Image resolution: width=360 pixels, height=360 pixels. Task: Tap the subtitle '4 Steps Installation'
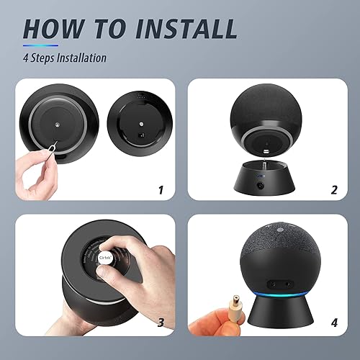pyautogui.click(x=66, y=58)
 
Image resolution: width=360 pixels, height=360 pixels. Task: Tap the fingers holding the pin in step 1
pyautogui.click(x=33, y=167)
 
